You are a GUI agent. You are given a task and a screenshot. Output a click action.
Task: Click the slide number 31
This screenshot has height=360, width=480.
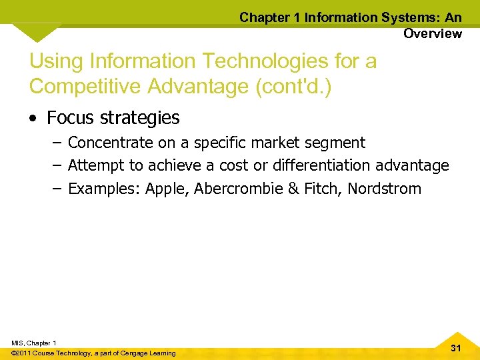[x=456, y=348]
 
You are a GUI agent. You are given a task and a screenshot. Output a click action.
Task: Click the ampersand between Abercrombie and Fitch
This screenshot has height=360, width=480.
[x=293, y=189]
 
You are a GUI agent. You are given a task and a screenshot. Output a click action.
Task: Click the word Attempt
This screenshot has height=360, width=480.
[x=96, y=165]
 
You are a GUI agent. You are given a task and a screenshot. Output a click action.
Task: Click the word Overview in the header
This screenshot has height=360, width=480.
[x=432, y=33]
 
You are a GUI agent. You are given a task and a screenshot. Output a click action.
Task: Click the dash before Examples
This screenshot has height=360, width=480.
[x=57, y=189]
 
